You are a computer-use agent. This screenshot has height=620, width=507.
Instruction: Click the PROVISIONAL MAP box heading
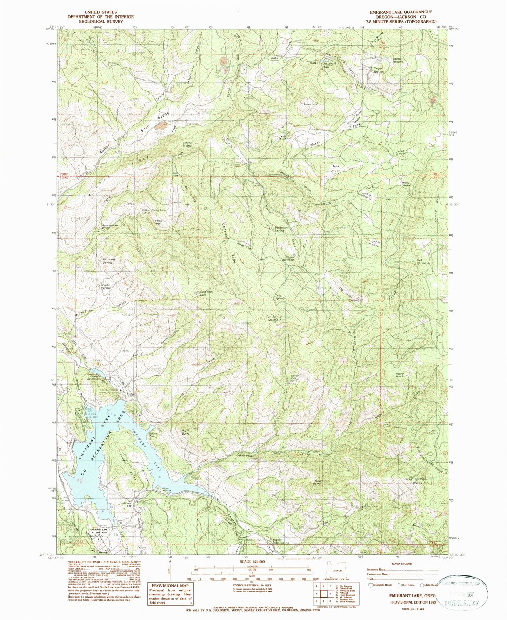click(x=170, y=585)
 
